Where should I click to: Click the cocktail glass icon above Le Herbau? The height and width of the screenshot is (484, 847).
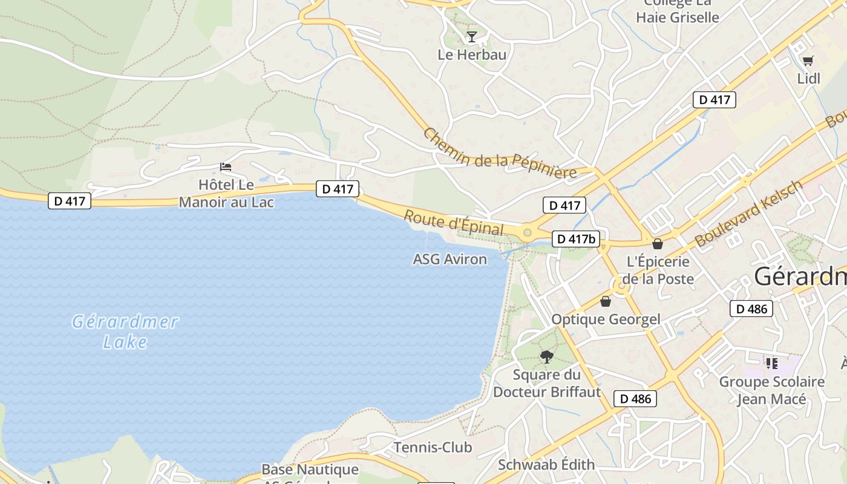472,37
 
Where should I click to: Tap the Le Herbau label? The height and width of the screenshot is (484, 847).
472,54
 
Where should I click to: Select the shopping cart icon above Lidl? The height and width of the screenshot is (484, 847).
808,60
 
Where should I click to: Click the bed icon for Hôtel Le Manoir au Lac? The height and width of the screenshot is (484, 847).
226,166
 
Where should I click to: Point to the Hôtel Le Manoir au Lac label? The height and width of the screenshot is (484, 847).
226,193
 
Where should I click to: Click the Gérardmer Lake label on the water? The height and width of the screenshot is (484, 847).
125,332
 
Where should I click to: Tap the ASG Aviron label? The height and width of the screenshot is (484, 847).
450,259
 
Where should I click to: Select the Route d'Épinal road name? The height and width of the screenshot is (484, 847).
453,223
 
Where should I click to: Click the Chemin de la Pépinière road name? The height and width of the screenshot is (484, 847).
499,154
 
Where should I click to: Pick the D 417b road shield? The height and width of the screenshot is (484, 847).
577,239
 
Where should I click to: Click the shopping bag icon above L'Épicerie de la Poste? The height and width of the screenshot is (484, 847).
658,244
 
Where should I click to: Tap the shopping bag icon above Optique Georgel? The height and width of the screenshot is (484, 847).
605,301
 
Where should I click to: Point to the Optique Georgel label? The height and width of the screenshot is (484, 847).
606,319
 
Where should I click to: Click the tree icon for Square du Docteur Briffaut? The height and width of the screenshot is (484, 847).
547,356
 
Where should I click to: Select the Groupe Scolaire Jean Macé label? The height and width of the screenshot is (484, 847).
771,390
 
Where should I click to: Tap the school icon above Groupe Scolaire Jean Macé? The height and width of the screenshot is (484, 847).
771,363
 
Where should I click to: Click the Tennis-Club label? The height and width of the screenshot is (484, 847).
433,447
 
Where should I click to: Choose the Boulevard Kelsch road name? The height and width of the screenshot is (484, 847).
750,213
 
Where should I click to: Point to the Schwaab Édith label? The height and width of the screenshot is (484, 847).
546,465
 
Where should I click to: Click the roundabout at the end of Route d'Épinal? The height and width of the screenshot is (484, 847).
527,232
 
